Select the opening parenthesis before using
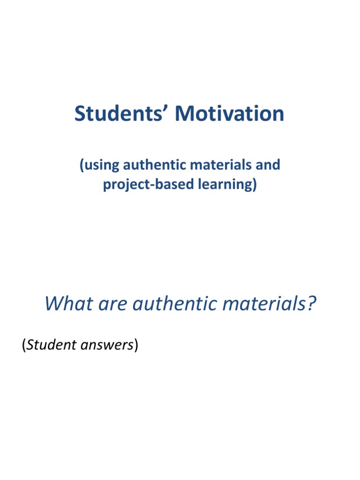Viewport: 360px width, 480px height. pyautogui.click(x=82, y=165)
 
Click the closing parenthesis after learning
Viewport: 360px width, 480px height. pyautogui.click(x=255, y=185)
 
